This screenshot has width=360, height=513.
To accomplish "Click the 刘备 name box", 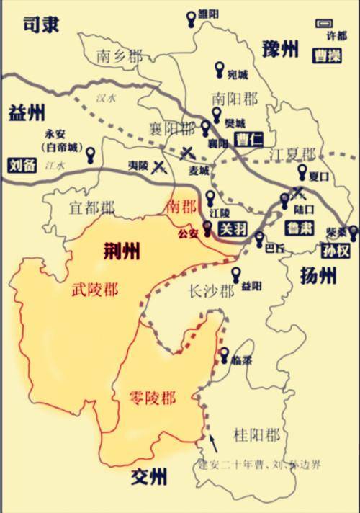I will [22, 164].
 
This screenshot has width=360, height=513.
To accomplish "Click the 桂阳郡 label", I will [256, 434].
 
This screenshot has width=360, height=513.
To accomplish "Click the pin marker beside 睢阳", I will [190, 16].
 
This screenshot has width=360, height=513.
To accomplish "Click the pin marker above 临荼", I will [225, 354].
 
